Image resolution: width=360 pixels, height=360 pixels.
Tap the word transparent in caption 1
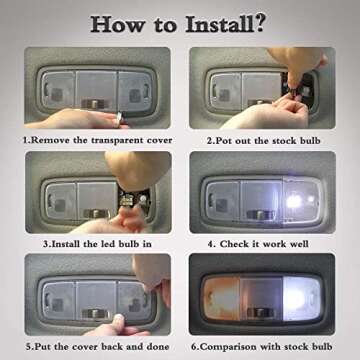[x=111, y=140]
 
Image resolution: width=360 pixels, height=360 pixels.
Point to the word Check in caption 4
[x=234, y=244]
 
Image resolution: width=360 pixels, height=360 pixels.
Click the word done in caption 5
[x=156, y=346]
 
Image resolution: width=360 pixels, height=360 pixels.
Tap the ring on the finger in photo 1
[x=119, y=117]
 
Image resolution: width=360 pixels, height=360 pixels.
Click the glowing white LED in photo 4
[x=294, y=200]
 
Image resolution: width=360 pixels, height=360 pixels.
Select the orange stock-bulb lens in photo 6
[x=221, y=299]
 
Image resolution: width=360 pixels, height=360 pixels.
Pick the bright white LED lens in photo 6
[x=301, y=299]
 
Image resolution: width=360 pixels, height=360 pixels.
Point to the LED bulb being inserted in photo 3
[x=127, y=199]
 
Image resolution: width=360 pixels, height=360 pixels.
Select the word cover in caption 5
[x=86, y=346]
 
